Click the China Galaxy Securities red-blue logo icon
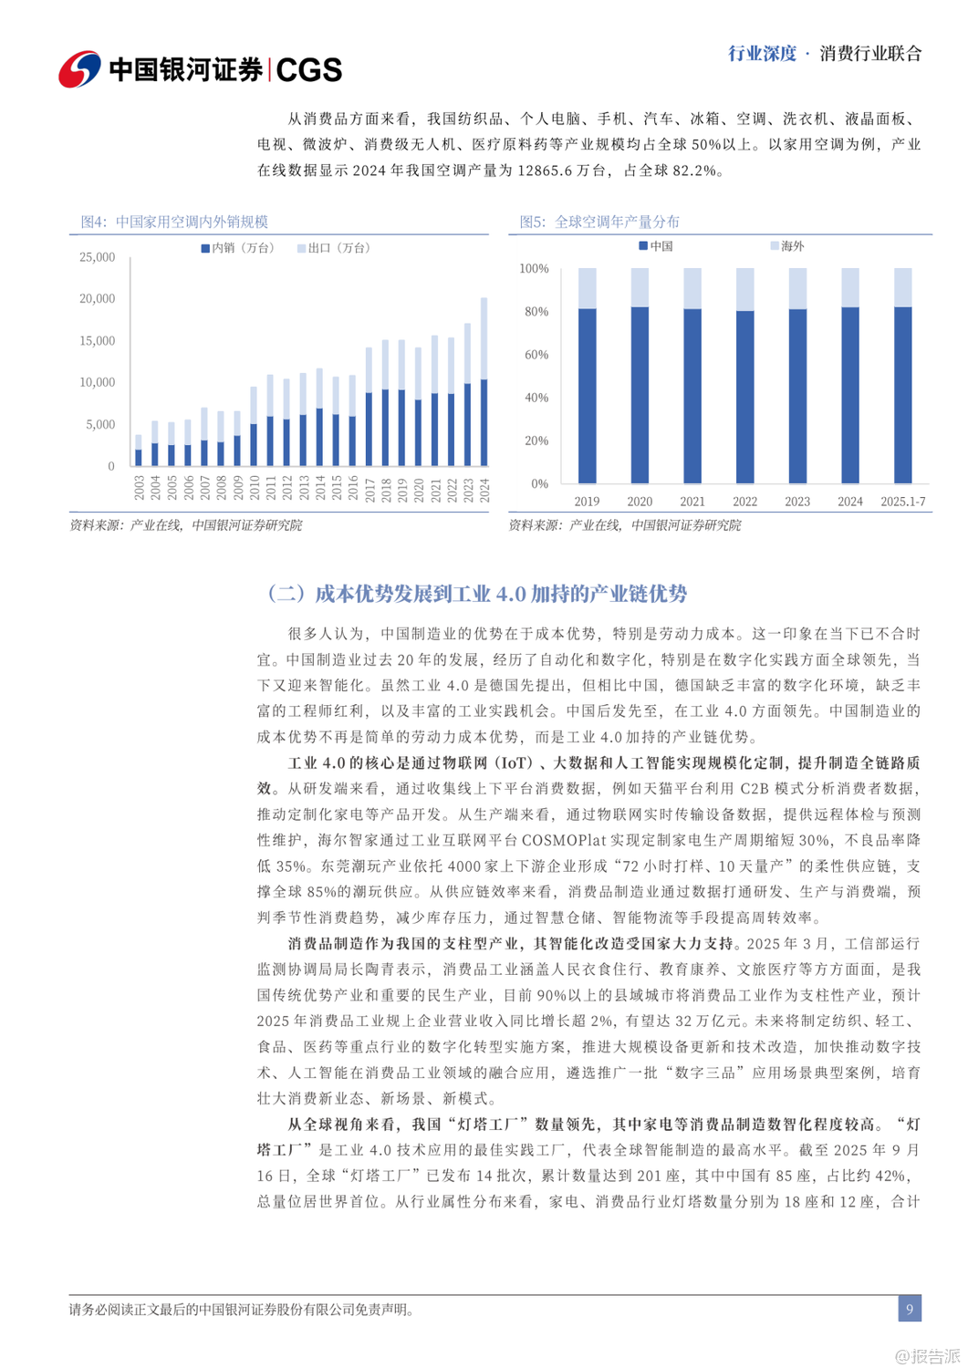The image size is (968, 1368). coord(80,69)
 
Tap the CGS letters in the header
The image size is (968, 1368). coord(308,70)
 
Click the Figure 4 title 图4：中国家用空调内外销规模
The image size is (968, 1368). coord(174,222)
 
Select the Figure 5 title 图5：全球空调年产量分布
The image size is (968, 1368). coord(599,222)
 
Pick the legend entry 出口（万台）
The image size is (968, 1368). coord(334,248)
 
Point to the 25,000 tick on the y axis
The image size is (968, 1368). coord(98,257)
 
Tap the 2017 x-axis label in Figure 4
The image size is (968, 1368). coord(370,489)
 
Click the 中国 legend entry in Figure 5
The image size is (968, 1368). coord(656,246)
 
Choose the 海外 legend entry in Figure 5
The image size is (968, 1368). coord(787,246)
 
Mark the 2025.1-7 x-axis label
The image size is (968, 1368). coord(902,502)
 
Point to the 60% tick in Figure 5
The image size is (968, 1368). coord(534,355)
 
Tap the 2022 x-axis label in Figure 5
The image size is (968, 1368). coord(744,502)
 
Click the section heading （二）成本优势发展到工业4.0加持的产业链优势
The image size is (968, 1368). coord(476,594)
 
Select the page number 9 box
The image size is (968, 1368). coord(909,1309)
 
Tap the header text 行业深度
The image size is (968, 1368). coord(762,54)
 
